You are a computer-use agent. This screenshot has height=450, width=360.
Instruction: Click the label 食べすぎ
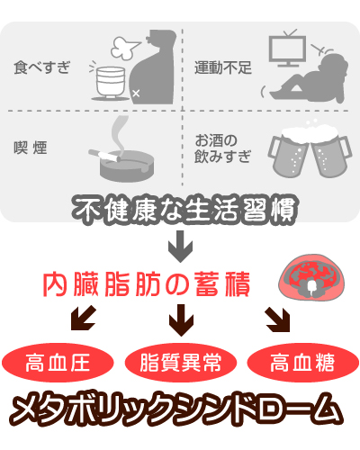42,67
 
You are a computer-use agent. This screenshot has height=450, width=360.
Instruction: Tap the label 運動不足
223,67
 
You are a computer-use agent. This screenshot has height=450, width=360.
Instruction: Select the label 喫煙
31,148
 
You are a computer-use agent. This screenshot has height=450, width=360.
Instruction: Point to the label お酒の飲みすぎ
222,148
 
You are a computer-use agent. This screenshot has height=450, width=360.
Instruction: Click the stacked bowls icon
111,84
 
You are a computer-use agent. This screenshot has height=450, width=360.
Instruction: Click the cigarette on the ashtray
104,155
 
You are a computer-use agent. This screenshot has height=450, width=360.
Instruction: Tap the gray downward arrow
180,247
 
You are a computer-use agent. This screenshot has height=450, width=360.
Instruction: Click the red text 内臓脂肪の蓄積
147,284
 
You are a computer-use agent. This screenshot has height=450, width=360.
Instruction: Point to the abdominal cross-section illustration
311,278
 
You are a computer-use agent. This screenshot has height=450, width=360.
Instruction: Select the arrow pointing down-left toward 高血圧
83,318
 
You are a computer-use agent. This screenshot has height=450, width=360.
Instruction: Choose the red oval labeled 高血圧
58,363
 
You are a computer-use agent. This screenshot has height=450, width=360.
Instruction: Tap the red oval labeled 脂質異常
181,363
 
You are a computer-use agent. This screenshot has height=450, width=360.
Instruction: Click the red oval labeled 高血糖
303,363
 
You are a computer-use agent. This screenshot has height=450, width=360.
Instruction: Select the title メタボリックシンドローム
176,409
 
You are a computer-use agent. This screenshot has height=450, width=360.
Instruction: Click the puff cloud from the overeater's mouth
124,48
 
